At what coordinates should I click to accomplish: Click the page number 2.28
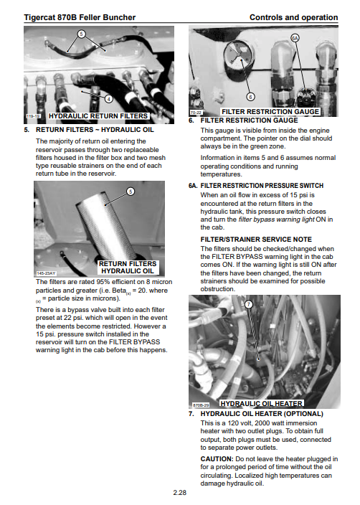pos(180,492)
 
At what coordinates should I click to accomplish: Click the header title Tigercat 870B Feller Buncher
pos(80,17)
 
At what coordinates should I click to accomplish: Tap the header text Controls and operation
pos(294,17)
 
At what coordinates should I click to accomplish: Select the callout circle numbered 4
pos(109,99)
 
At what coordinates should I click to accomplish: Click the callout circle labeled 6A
pos(295,38)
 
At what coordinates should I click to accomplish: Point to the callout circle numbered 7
pos(249,304)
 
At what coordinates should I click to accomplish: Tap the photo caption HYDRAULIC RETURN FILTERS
pos(98,116)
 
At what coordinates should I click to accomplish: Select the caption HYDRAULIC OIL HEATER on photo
pos(262,404)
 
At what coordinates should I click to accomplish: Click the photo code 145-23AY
pos(46,273)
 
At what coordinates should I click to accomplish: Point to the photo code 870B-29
pos(201,405)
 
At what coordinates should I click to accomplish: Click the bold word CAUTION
pos(217,459)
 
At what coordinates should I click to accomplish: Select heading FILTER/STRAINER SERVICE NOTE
pos(256,240)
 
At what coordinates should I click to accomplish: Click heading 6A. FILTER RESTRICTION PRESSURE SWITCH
pos(256,186)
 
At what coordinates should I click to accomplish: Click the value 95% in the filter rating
pos(103,282)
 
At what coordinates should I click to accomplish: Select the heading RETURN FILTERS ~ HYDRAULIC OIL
pos(95,130)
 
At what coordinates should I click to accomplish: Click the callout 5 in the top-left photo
pos(82,34)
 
